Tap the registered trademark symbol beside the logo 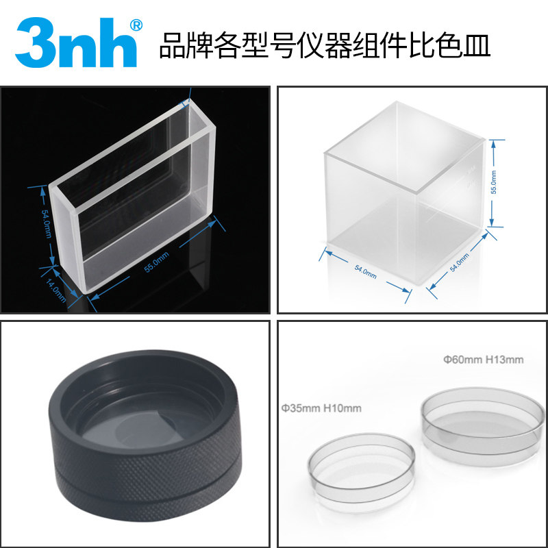136,25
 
